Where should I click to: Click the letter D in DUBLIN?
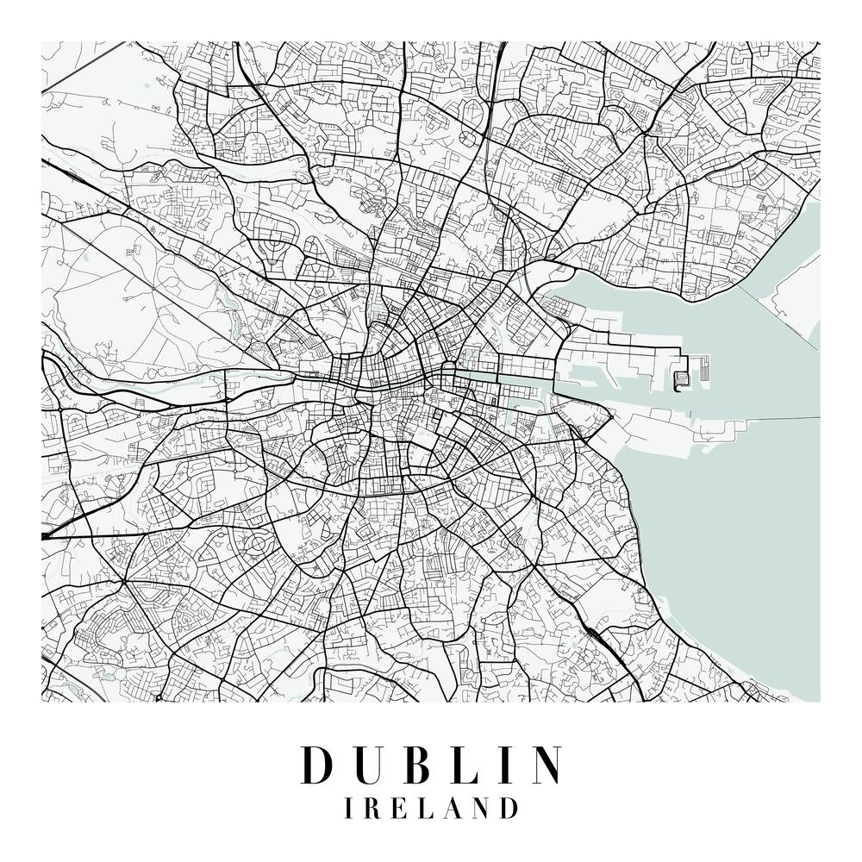point(316,765)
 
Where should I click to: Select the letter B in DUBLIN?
point(412,765)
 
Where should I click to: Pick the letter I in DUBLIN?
point(499,765)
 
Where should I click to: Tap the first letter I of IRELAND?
point(347,809)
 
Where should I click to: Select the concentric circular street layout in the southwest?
point(258,544)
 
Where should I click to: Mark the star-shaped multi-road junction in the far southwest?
point(123,582)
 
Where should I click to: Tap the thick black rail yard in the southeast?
point(593,634)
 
